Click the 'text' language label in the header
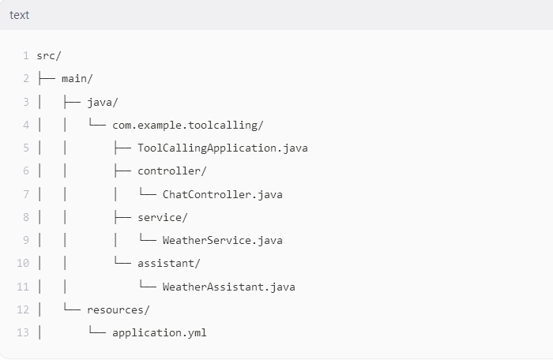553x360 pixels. (19, 15)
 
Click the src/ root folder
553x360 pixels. (49, 55)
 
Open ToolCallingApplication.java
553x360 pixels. (222, 148)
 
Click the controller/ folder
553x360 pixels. (171, 171)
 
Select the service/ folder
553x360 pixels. (162, 217)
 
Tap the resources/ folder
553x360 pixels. (118, 309)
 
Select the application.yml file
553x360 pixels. (159, 332)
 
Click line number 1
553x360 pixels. (26, 55)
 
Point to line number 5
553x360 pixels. (26, 148)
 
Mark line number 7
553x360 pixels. (26, 194)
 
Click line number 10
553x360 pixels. (23, 263)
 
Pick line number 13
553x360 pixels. (23, 332)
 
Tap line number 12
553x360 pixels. (23, 309)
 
